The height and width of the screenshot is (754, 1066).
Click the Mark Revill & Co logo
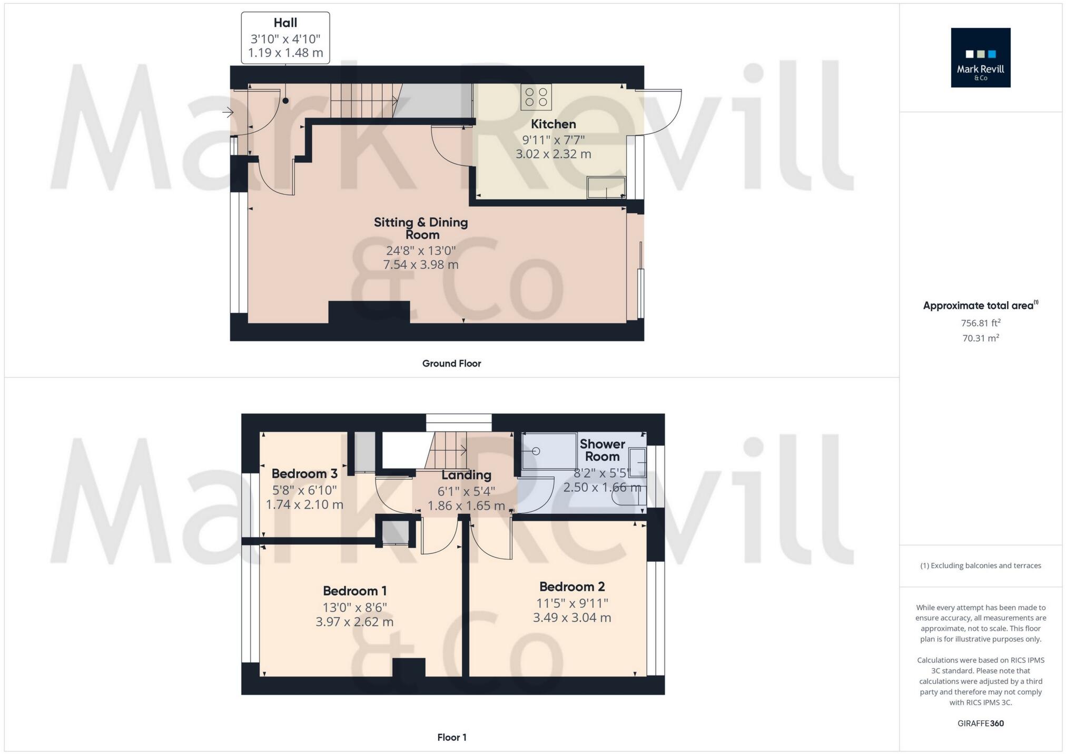[x=980, y=57]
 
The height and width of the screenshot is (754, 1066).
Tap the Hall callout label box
[x=285, y=38]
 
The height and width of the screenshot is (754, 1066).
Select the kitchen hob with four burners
[x=536, y=97]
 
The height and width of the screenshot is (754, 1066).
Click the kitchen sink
[x=606, y=188]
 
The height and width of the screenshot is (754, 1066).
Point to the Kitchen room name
[x=553, y=124]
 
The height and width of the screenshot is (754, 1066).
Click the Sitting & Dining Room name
[x=421, y=228]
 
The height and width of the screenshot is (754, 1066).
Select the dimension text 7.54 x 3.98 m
[x=421, y=264]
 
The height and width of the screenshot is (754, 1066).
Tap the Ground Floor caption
[x=451, y=363]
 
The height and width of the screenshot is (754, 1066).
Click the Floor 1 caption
[x=451, y=737]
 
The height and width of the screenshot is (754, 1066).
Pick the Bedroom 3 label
[x=304, y=474]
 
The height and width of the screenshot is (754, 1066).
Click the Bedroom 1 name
[x=354, y=591]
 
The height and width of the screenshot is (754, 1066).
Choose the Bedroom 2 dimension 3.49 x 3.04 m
[x=572, y=618]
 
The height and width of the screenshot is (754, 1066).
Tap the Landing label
[x=466, y=475]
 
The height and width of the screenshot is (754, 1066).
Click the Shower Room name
[x=603, y=450]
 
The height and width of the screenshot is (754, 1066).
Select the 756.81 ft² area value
[x=980, y=323]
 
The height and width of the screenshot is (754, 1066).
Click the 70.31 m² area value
[x=980, y=338]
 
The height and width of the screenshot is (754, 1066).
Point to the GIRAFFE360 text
[x=980, y=723]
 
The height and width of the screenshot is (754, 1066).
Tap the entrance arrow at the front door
[x=228, y=112]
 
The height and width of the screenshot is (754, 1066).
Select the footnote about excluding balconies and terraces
[x=980, y=565]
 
